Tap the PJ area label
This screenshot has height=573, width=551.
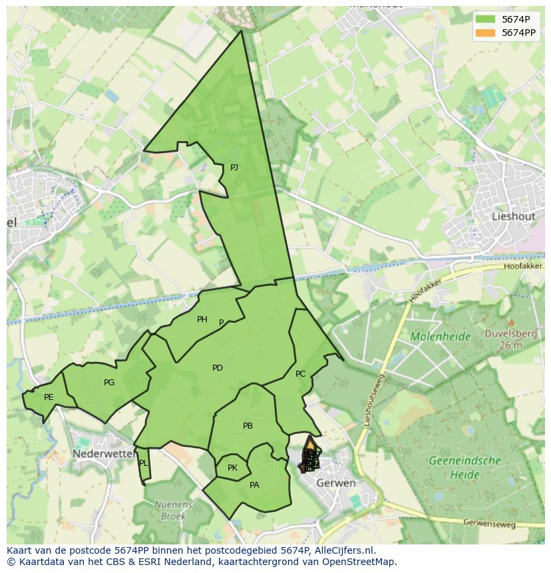pyautogui.click(x=234, y=168)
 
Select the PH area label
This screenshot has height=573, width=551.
pyautogui.click(x=202, y=319)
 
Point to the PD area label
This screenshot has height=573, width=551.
pyautogui.click(x=218, y=368)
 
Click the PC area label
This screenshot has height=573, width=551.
pyautogui.click(x=300, y=374)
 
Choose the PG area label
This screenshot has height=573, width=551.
pyautogui.click(x=109, y=383)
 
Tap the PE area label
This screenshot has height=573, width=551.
pyautogui.click(x=49, y=397)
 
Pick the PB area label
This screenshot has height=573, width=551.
pyautogui.click(x=248, y=426)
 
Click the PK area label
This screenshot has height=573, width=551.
pyautogui.click(x=232, y=468)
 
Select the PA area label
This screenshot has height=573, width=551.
pyautogui.click(x=254, y=485)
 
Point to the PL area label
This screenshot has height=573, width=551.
pyautogui.click(x=143, y=463)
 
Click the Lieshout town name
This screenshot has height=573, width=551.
pyautogui.click(x=513, y=216)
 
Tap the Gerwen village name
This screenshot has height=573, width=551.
pyautogui.click(x=335, y=482)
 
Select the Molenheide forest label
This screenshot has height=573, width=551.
pyautogui.click(x=441, y=337)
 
